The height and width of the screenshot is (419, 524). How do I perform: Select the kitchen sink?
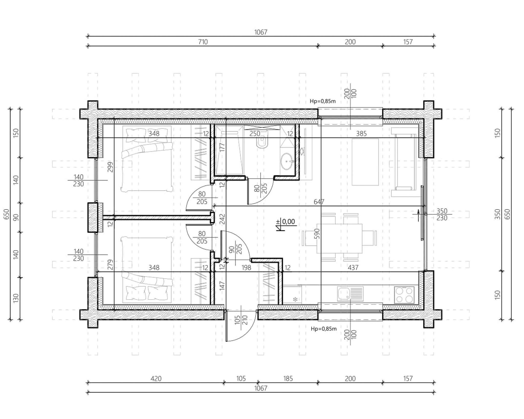pyautogui.click(x=350, y=294)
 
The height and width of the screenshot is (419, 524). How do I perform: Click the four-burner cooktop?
pyautogui.click(x=404, y=295)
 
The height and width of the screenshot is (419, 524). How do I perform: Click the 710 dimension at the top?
pyautogui.click(x=203, y=42)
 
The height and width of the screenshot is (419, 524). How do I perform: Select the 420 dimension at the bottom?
pyautogui.click(x=156, y=378)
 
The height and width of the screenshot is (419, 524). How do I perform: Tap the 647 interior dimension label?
pyautogui.click(x=319, y=202)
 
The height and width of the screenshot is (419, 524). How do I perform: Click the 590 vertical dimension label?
pyautogui.click(x=317, y=234)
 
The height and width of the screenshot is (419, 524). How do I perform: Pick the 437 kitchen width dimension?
pyautogui.click(x=353, y=268)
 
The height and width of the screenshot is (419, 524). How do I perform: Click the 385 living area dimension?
pyautogui.click(x=361, y=134)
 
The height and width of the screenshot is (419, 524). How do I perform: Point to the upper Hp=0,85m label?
pyautogui.click(x=323, y=101)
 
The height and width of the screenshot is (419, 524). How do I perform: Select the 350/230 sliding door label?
pyautogui.click(x=442, y=214)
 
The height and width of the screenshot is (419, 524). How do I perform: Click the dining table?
pyautogui.click(x=340, y=238)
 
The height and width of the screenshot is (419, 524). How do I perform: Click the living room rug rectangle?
pyautogui.click(x=365, y=162)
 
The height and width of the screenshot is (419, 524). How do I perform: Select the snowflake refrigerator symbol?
pyautogui.click(x=295, y=299)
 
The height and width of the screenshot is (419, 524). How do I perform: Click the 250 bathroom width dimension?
pyautogui.click(x=255, y=134)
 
